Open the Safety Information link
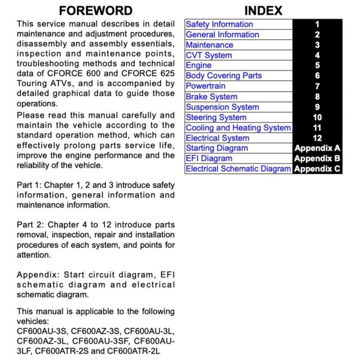219,25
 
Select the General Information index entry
222,35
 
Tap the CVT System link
209,55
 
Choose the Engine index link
198,66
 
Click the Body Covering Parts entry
223,76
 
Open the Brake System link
211,97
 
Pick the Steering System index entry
216,117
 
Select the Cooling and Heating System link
238,128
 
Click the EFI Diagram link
209,159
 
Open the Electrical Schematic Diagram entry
238,169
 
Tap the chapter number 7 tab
317,86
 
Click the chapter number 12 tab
317,138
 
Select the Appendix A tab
317,148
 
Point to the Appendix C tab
317,169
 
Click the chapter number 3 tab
317,45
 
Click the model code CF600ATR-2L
134,351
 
